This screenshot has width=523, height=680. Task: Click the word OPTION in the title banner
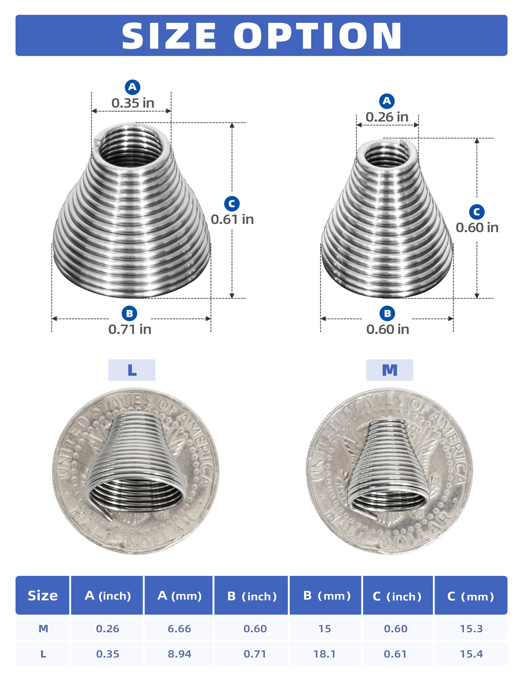pos(318,36)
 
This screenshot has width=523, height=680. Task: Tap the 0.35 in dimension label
pos(133,103)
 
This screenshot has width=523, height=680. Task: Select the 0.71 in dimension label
pos(130,329)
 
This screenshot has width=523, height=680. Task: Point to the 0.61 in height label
pos(232,219)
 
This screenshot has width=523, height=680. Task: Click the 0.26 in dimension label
pos(387,117)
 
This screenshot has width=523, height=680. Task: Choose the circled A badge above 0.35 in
pos(132,87)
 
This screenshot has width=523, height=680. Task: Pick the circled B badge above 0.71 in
pos(130,313)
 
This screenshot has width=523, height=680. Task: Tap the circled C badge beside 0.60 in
pos(477,212)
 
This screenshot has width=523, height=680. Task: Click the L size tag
pos(132,370)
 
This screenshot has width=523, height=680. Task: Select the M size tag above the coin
pos(389,370)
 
